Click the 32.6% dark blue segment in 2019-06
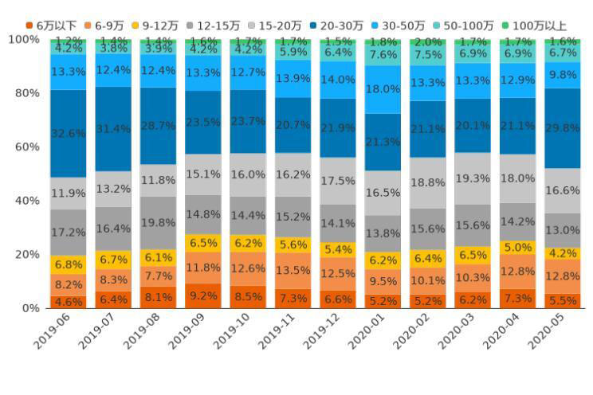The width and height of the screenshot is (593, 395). (69, 133)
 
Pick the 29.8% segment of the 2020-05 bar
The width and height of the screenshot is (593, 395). (564, 127)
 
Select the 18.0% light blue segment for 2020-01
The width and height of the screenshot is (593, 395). (383, 89)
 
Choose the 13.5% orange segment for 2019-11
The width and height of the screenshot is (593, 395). (293, 271)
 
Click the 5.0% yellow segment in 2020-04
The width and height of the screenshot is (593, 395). (518, 248)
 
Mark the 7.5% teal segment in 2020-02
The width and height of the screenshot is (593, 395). (428, 55)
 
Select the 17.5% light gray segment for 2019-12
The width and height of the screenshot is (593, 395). (338, 181)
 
